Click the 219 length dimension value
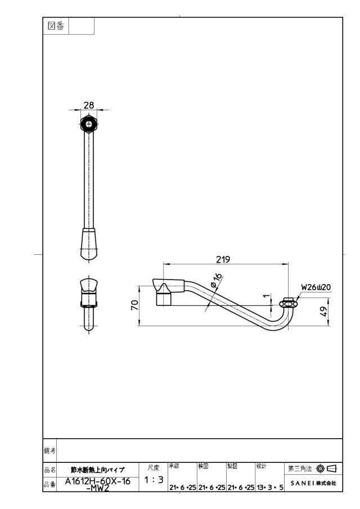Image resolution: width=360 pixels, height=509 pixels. tap(223, 259)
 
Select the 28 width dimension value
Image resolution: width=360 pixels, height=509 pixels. tap(89, 105)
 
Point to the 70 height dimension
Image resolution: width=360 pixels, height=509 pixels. tap(134, 305)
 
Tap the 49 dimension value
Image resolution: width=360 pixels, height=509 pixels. tap(323, 312)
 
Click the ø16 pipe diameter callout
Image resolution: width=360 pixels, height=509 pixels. tap(217, 280)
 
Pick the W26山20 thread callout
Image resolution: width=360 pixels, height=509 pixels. tap(316, 287)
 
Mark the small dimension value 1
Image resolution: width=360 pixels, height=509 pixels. tap(267, 296)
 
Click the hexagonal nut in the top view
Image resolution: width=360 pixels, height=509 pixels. tap(89, 124)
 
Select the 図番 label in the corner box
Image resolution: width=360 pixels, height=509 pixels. tap(56, 26)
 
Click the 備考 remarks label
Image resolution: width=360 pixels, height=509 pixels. tap(49, 451)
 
